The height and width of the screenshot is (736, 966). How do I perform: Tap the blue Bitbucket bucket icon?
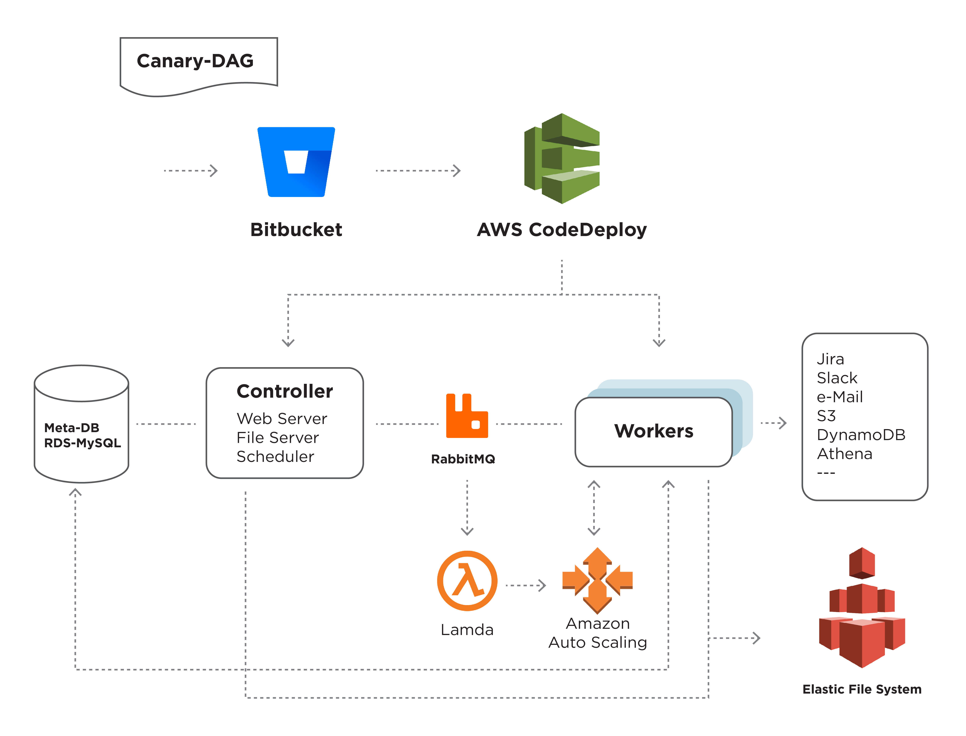(296, 162)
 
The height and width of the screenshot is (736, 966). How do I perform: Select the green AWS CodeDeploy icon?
(562, 158)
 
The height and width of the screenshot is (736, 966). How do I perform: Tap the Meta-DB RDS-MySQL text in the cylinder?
(82, 435)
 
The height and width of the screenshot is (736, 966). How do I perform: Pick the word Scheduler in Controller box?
(275, 457)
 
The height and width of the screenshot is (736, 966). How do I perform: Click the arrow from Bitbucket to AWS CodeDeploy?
(418, 171)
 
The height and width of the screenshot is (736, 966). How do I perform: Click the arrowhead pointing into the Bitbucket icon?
(214, 171)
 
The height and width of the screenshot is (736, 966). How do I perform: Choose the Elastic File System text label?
(862, 689)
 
